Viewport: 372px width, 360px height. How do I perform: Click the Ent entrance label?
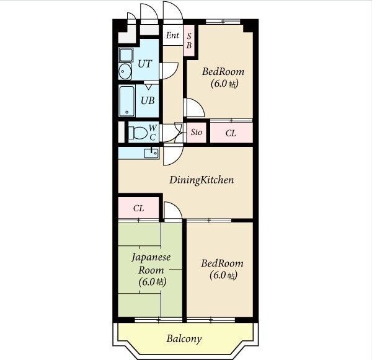tap(172, 35)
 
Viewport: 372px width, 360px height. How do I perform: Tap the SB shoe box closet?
tap(189, 40)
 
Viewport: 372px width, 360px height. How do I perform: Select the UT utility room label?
tap(144, 64)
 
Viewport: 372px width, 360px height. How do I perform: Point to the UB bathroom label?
tap(148, 100)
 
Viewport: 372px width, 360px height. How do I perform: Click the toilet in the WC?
tap(138, 133)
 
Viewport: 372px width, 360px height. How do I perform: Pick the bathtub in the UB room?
tap(126, 101)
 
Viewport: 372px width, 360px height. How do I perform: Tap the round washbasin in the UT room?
tap(125, 71)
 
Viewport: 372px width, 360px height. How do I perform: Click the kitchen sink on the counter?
tap(151, 153)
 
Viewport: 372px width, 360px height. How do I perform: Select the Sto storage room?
tap(197, 132)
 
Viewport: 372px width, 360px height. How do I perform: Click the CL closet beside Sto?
tap(231, 133)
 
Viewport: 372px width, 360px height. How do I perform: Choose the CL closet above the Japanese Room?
tap(138, 208)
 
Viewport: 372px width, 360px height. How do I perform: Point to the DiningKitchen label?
tap(201, 180)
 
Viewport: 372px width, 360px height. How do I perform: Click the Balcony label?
tap(184, 339)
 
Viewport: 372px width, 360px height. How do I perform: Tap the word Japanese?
tap(151, 258)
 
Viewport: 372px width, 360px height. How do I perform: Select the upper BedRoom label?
tap(223, 72)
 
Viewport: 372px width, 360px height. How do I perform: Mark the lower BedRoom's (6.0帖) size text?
tap(223, 275)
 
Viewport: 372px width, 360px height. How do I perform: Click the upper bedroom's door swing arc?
tap(199, 104)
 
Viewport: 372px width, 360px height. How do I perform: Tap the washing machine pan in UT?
tap(126, 55)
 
